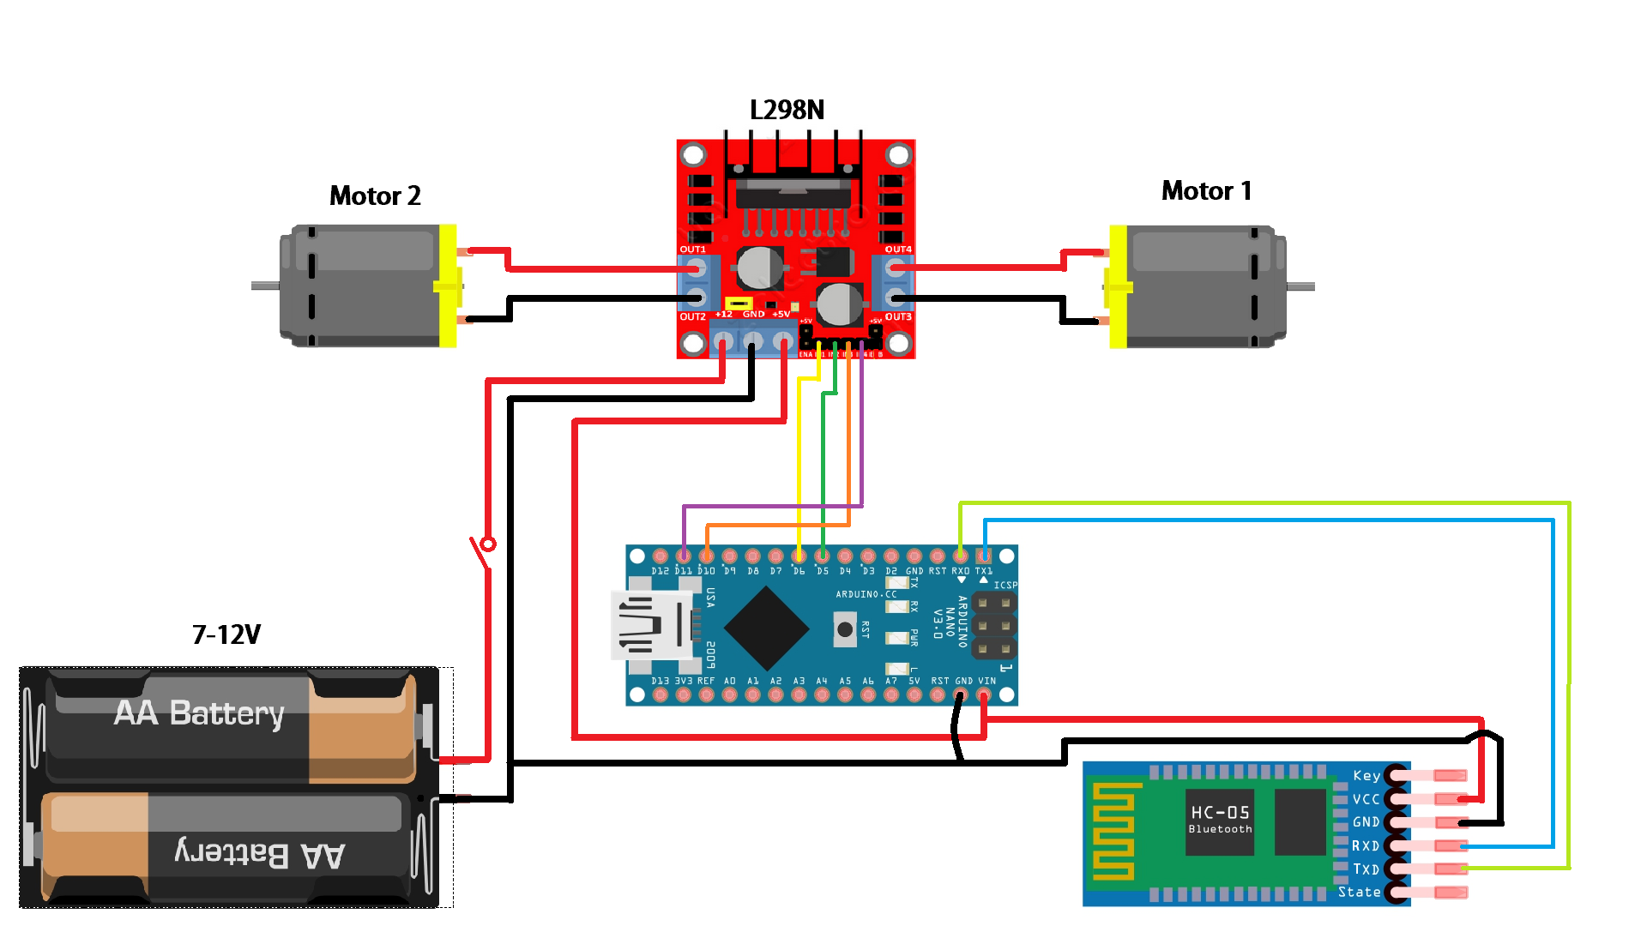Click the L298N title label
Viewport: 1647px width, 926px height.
(787, 110)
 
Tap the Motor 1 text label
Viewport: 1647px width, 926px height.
(1206, 190)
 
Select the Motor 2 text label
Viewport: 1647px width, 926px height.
(375, 195)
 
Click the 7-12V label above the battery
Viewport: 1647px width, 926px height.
(226, 634)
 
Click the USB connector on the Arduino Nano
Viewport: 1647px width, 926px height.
(652, 625)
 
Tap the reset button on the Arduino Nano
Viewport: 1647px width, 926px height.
(845, 629)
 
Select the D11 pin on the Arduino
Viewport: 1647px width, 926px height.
(684, 556)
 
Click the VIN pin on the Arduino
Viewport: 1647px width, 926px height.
(984, 694)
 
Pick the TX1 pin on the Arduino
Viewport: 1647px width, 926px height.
(984, 556)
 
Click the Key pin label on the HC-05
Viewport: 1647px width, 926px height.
(1366, 775)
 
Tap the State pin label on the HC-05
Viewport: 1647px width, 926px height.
(1360, 892)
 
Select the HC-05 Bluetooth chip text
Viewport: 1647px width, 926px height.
(1220, 818)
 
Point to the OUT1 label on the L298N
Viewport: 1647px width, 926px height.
(693, 250)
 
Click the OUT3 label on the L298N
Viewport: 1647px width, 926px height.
(898, 316)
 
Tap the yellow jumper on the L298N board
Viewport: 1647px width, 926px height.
(739, 304)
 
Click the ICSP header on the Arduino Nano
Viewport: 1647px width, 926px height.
(994, 625)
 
